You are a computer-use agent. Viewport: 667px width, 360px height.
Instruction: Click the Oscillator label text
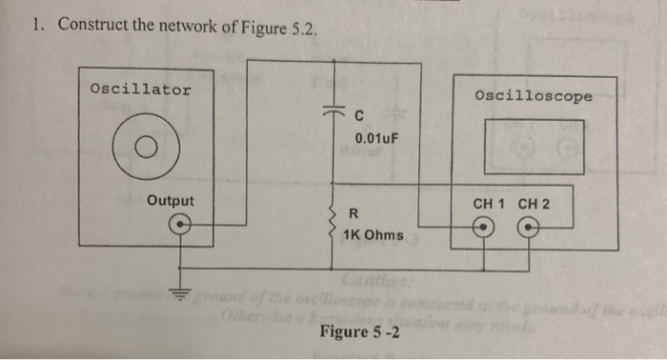point(140,90)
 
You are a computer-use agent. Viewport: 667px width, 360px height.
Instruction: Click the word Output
point(171,201)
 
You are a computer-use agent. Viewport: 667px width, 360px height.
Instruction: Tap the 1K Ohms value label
point(377,234)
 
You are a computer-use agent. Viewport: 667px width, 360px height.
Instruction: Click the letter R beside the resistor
point(355,212)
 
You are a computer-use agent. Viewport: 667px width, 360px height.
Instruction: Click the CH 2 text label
point(534,203)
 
